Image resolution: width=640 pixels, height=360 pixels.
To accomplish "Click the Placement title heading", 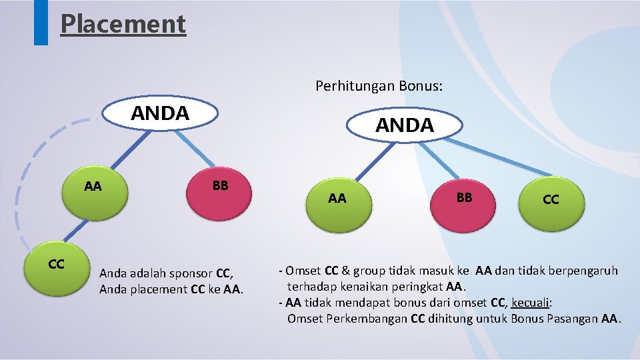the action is (123, 24).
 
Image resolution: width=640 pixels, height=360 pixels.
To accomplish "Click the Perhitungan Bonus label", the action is (379, 86).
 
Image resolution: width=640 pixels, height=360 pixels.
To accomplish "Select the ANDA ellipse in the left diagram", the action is (160, 113).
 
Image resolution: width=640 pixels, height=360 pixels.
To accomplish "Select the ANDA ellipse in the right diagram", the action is (405, 125).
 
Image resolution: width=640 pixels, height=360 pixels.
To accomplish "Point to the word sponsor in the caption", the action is (194, 273).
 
